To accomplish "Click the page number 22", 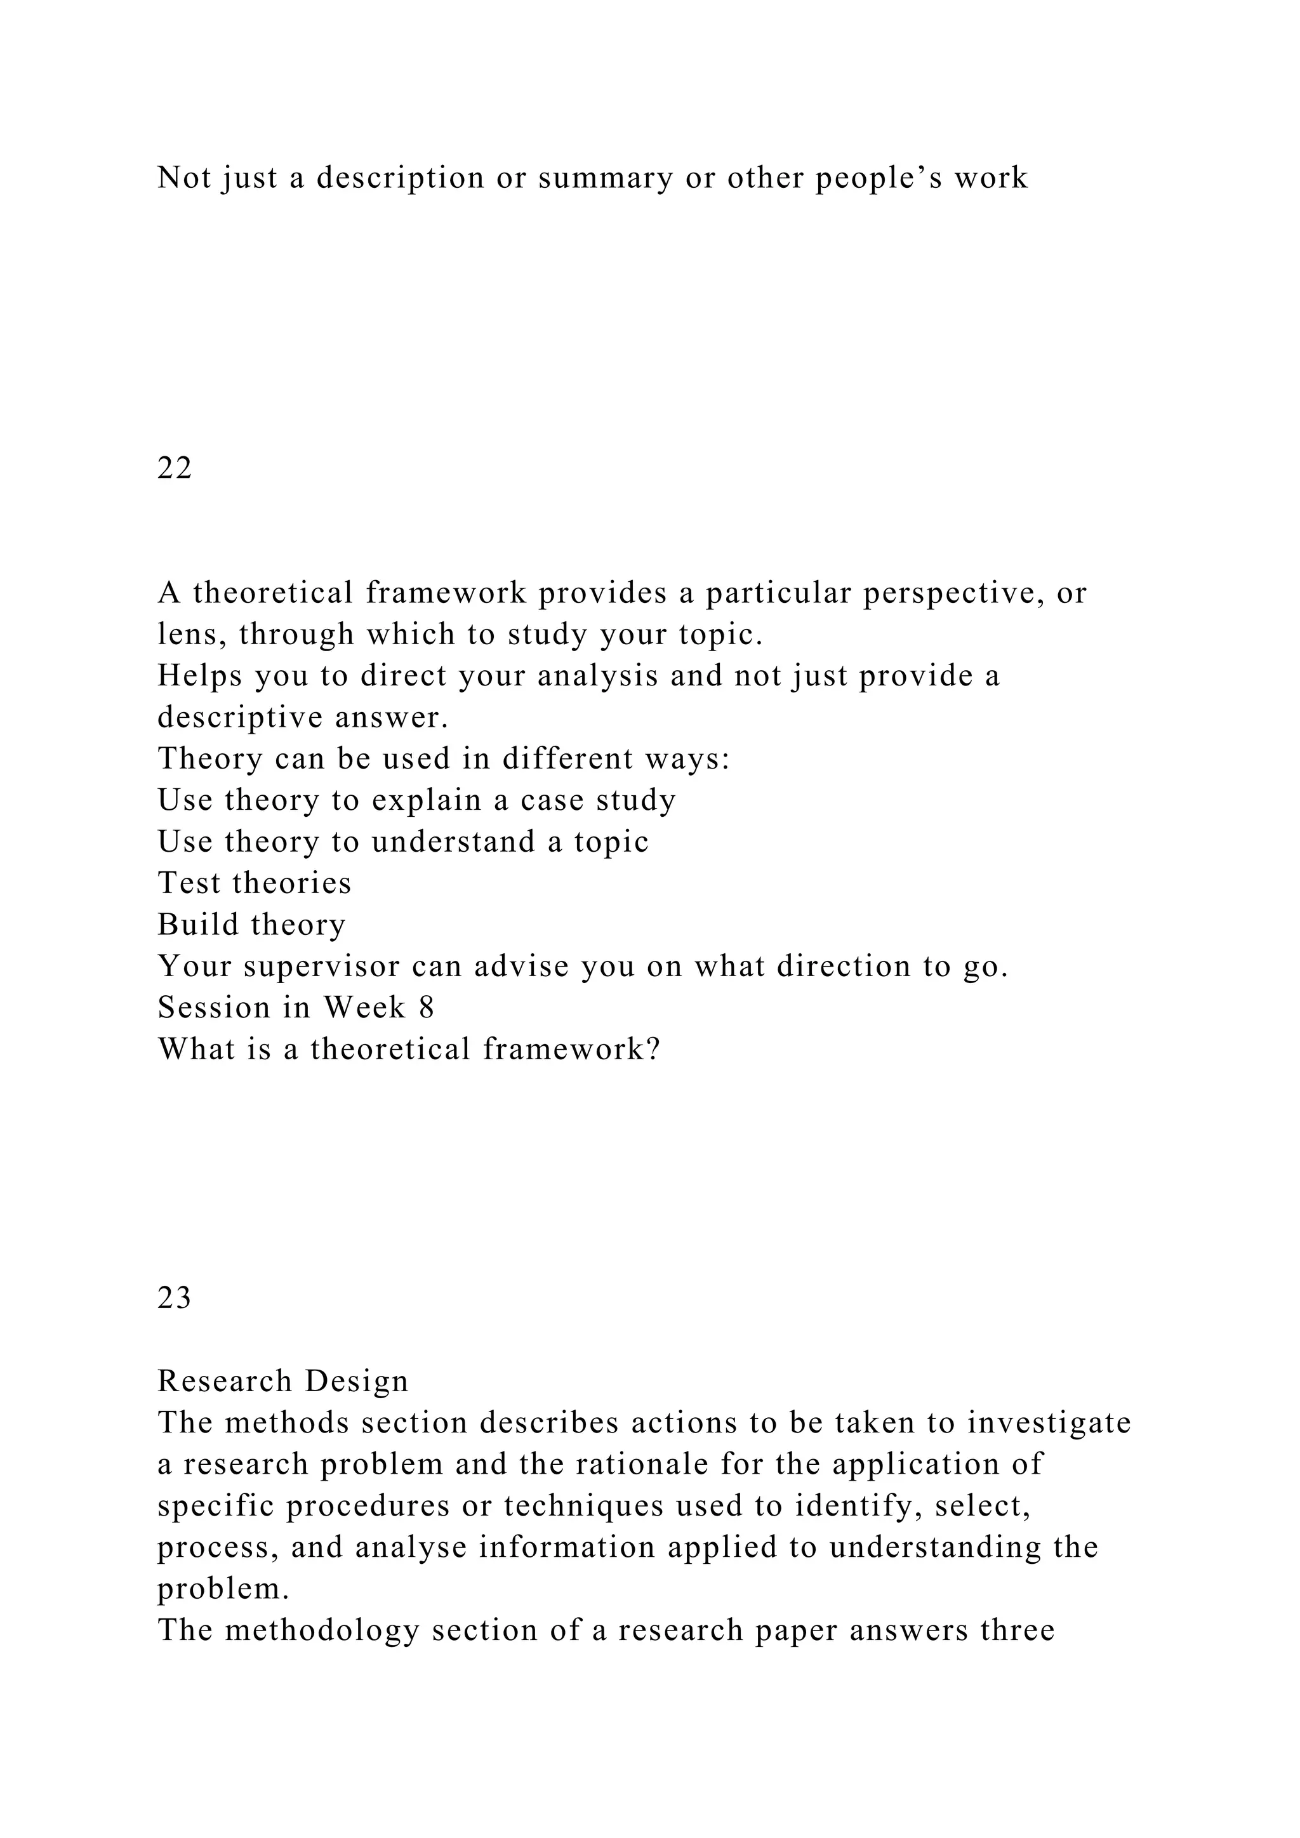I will point(174,468).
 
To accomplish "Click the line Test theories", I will point(255,883).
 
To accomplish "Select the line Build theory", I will point(251,925).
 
